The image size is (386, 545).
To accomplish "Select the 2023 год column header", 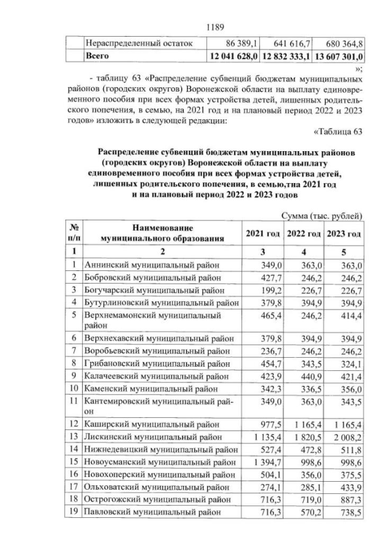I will tap(344, 234).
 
